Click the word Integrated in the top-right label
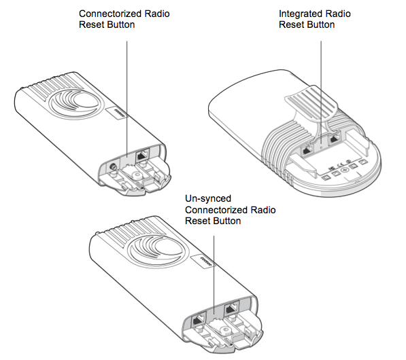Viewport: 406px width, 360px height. [300, 14]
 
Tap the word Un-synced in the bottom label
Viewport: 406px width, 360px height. [208, 198]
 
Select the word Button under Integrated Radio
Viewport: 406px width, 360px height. [320, 25]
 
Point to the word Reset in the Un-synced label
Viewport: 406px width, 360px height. [197, 221]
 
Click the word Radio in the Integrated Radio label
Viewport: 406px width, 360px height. [338, 14]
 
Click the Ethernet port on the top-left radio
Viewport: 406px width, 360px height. [142, 156]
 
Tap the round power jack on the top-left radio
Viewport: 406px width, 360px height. [113, 166]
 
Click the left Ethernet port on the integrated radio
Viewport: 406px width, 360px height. [308, 149]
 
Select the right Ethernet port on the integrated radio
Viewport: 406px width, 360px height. [335, 139]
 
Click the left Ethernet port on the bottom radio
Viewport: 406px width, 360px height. [199, 321]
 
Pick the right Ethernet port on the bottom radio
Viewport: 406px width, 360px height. [232, 309]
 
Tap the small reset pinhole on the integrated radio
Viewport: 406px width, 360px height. [322, 147]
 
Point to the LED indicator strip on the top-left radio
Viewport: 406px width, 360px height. [120, 112]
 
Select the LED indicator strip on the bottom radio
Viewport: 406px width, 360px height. [207, 262]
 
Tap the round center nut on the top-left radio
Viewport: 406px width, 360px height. [137, 176]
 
